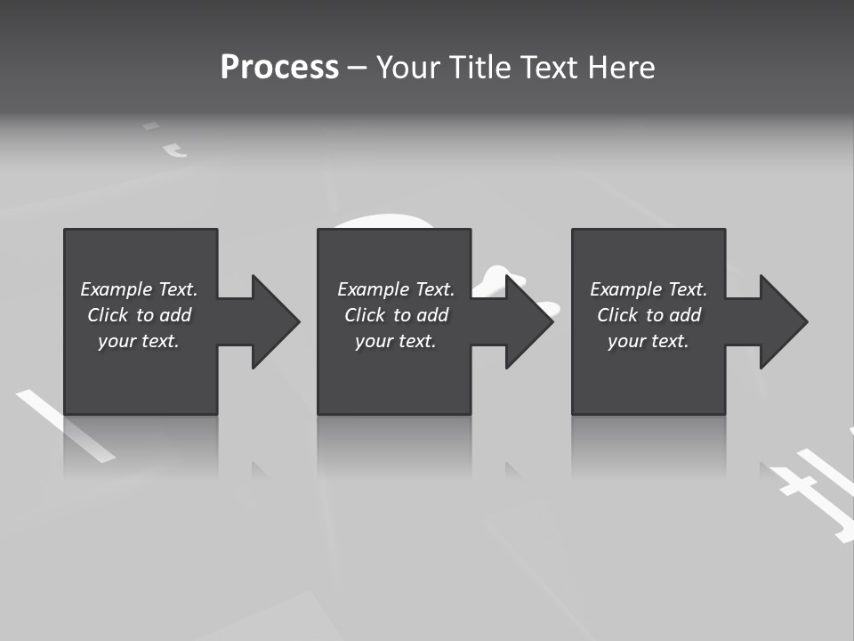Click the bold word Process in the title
[x=279, y=68]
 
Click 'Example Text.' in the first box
[x=139, y=289]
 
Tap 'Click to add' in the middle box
[x=396, y=315]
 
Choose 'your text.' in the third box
[x=649, y=341]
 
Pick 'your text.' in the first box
[x=139, y=341]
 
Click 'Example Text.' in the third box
[x=649, y=289]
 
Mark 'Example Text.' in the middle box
[x=396, y=289]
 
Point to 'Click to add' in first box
[x=139, y=315]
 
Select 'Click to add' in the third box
[x=649, y=315]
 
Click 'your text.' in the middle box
[x=396, y=341]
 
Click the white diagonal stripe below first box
[x=67, y=426]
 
